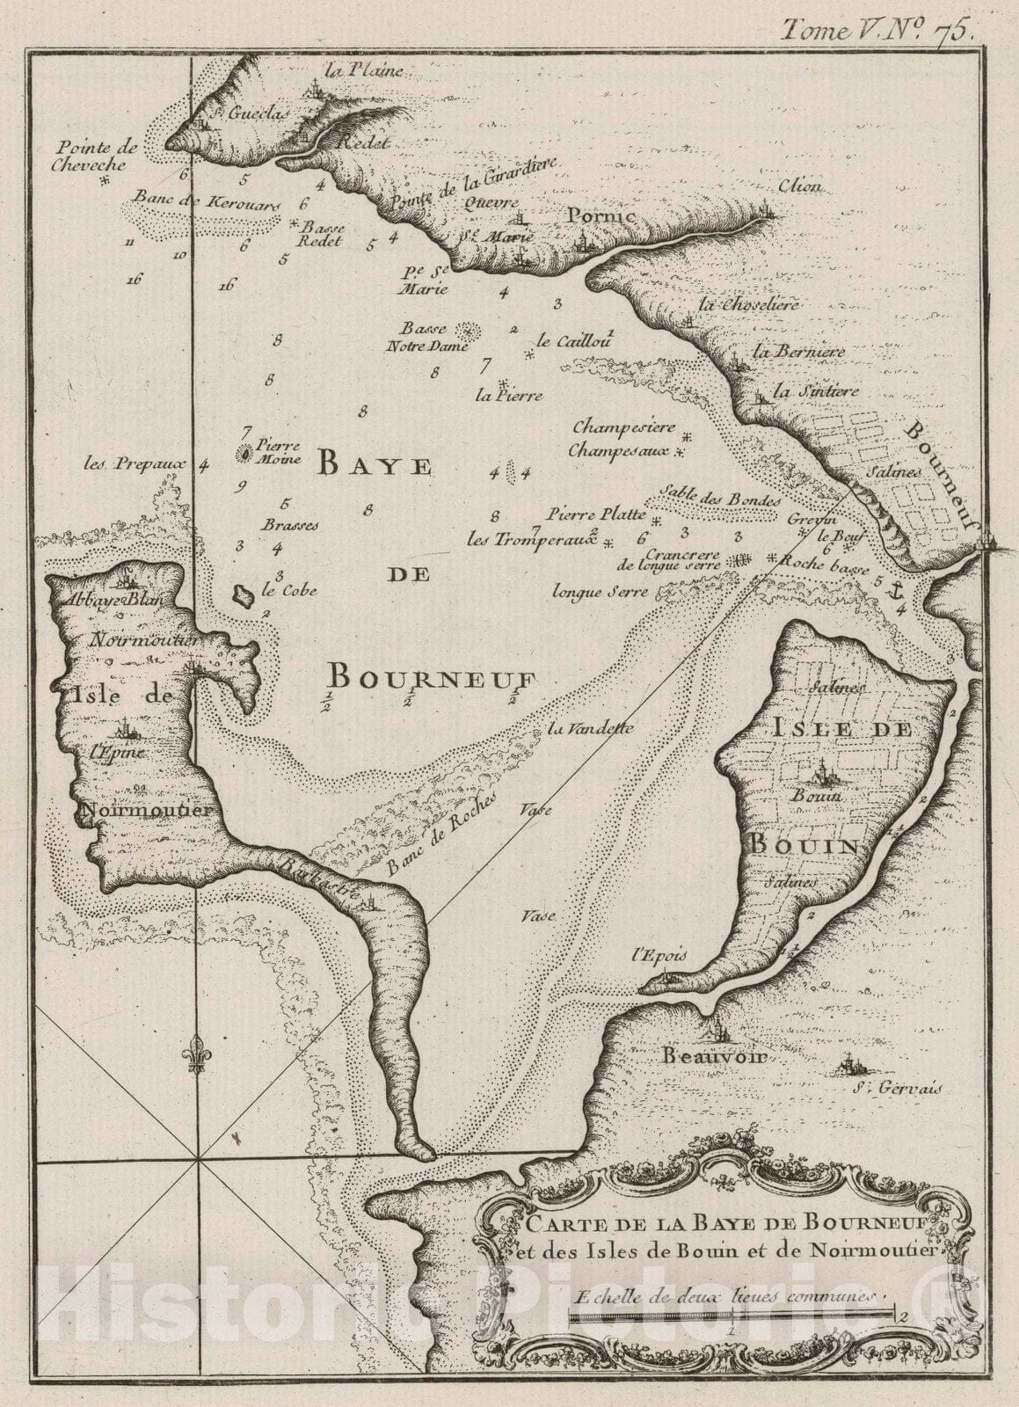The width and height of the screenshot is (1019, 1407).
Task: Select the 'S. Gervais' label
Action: pyautogui.click(x=898, y=1089)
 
